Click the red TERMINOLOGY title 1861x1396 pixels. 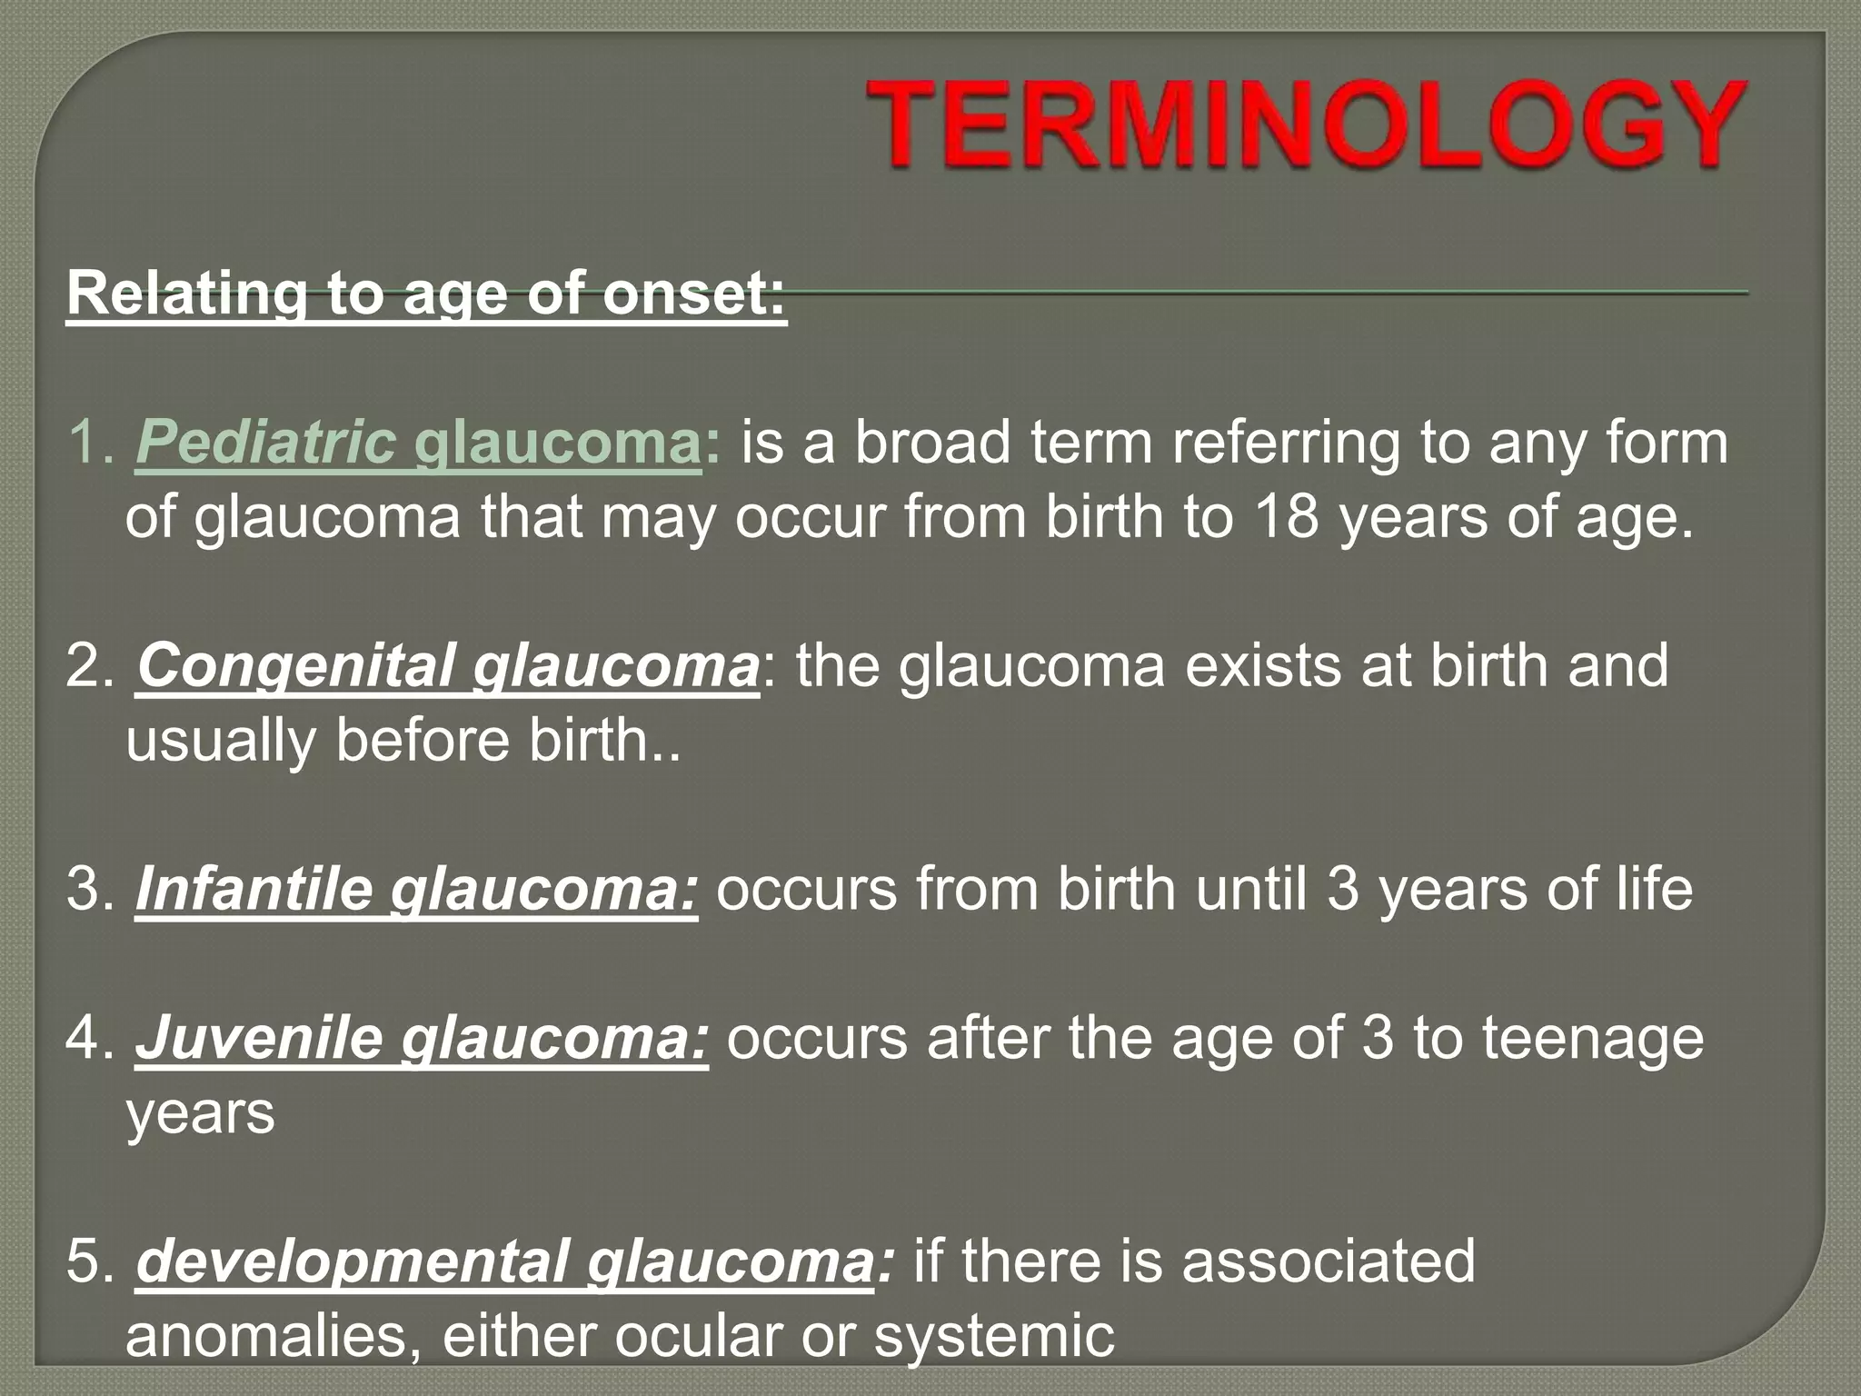coord(1305,125)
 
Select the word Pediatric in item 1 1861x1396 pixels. coord(265,444)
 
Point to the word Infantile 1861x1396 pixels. coord(254,889)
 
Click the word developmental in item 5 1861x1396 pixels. coord(351,1261)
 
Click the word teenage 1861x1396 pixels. coord(1593,1038)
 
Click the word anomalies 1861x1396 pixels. coord(272,1336)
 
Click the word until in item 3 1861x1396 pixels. coord(1250,889)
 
